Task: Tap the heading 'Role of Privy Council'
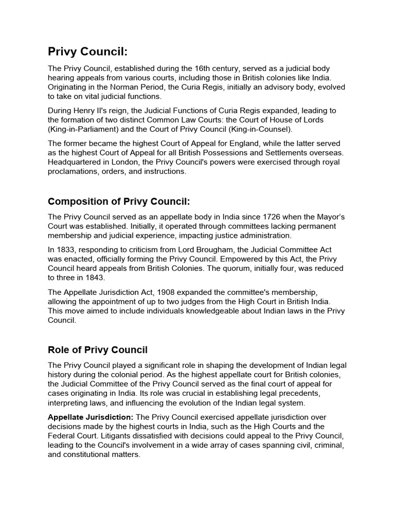click(98, 350)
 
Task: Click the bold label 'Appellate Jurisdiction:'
click(91, 417)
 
